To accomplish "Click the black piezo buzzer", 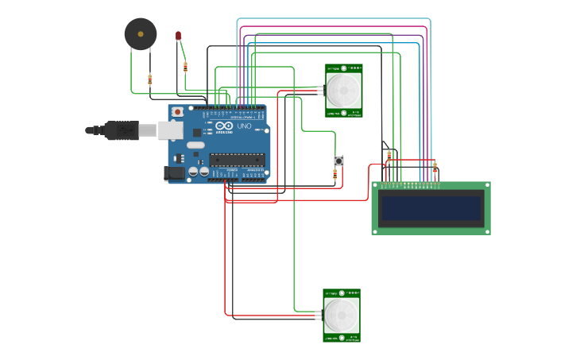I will (x=141, y=34).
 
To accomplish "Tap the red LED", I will (x=179, y=37).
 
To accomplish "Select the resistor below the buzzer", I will (x=150, y=79).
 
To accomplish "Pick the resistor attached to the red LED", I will (x=185, y=67).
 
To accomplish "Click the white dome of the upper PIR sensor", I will (x=344, y=90).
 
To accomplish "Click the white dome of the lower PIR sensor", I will (x=342, y=315).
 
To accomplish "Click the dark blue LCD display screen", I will (x=431, y=209).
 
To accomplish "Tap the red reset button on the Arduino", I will (x=178, y=112).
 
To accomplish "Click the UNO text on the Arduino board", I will (x=244, y=126).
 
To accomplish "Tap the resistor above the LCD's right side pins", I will (x=435, y=168).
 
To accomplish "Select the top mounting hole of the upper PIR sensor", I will (x=344, y=69).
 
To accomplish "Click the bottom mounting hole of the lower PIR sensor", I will (x=342, y=338).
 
